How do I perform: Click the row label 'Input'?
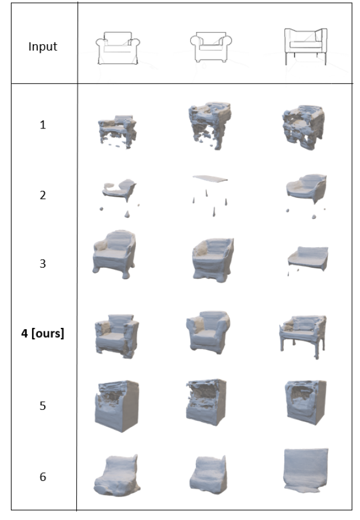click(43, 46)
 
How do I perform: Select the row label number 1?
click(43, 124)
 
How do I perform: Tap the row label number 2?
click(43, 195)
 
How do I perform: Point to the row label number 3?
click(43, 264)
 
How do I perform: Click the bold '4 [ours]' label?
click(43, 333)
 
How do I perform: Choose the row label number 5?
click(43, 405)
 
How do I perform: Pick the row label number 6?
click(43, 477)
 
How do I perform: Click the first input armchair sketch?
click(118, 48)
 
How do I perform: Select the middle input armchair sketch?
click(211, 47)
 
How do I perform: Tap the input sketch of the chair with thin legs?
click(306, 46)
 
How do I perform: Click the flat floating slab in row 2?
click(210, 179)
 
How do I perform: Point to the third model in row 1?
click(304, 127)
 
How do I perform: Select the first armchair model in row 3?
click(115, 255)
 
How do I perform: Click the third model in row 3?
click(308, 259)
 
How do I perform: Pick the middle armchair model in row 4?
click(208, 333)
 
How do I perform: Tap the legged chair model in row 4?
click(303, 336)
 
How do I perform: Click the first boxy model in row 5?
click(117, 406)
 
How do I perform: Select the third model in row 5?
click(306, 402)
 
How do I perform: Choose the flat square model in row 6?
click(306, 470)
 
